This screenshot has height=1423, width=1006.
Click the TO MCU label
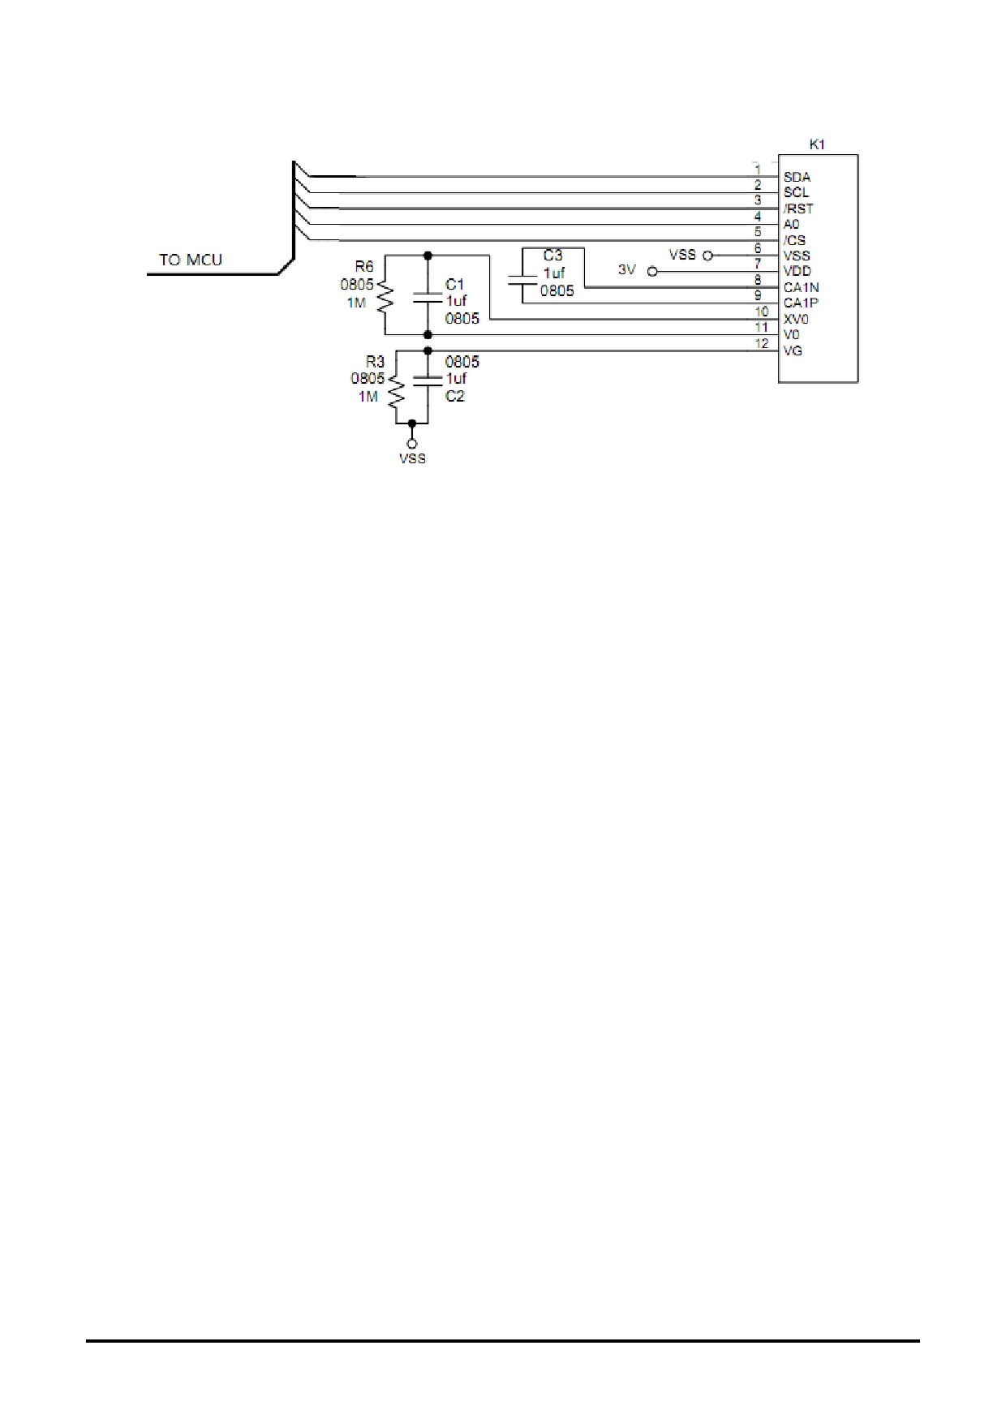pos(191,260)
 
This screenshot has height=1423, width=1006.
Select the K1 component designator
pos(817,144)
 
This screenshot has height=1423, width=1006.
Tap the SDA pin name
pos(797,177)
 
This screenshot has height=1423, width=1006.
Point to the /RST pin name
pos(798,209)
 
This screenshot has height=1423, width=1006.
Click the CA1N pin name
pos(802,287)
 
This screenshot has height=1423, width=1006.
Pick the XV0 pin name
pos(796,319)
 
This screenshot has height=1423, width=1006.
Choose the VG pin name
pos(793,350)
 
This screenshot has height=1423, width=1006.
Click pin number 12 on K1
pos(762,344)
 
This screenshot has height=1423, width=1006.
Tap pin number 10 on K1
pos(762,312)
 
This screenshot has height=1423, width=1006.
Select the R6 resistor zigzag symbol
pos(385,297)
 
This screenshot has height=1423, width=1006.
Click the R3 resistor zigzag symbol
pos(396,392)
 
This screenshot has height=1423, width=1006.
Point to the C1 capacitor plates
pos(428,297)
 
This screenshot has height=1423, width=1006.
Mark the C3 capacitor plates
pos(522,281)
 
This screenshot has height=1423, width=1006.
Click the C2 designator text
pos(454,397)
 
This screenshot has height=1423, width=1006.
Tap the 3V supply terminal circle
pos(652,272)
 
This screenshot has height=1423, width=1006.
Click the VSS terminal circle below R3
pos(412,444)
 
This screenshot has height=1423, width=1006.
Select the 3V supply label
pos(627,269)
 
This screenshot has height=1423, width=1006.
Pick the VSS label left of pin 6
pos(682,255)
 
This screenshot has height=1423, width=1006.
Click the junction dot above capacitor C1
pos(428,256)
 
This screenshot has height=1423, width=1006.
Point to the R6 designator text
pos(364,267)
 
